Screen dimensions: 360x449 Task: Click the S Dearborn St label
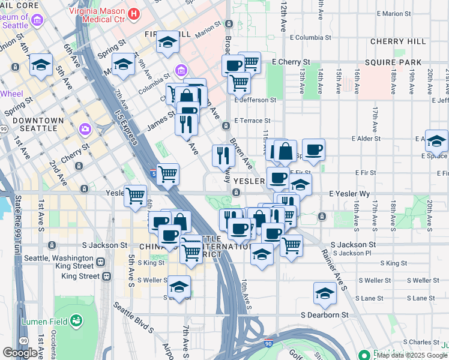click(x=324, y=314)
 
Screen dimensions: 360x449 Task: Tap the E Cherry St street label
click(x=291, y=62)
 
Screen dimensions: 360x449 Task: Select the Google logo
click(x=20, y=353)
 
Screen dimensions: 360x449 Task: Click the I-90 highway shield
click(x=270, y=344)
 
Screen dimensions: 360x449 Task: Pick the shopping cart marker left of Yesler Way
click(x=136, y=194)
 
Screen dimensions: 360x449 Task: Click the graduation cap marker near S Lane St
click(x=325, y=293)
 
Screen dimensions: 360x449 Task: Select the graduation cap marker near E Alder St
click(x=436, y=140)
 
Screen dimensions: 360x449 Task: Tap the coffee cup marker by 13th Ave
click(x=313, y=149)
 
